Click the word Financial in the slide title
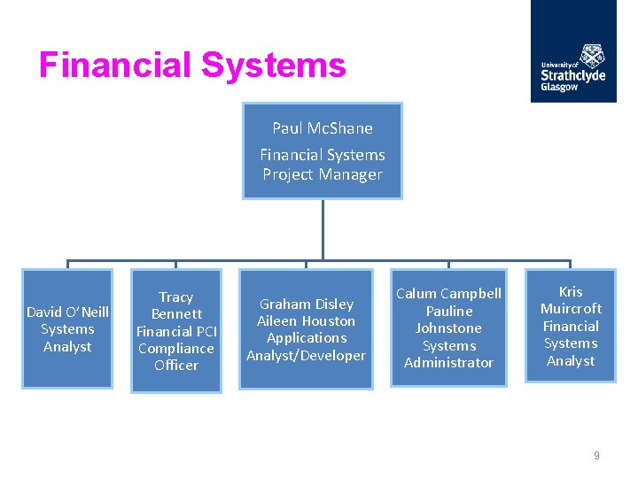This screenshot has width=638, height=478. tap(116, 66)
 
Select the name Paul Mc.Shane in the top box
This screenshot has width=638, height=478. tap(323, 128)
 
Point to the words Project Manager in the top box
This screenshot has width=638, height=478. tap(323, 174)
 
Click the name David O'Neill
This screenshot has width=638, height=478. tap(67, 312)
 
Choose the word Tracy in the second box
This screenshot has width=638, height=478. tap(175, 297)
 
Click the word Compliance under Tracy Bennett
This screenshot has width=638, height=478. tap(175, 348)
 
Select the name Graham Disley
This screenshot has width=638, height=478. tap(306, 304)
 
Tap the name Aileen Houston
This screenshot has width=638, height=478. tap(306, 320)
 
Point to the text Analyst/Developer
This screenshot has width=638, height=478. tap(306, 355)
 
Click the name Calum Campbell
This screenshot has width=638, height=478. tap(448, 294)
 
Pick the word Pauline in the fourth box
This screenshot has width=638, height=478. tap(448, 311)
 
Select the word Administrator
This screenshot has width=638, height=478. tap(448, 362)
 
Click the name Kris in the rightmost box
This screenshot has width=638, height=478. tap(571, 291)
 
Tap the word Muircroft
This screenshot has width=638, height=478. tap(571, 308)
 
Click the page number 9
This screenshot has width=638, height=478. tap(596, 456)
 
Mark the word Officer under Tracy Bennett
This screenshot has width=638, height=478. tap(175, 365)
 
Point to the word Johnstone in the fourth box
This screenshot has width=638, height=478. tap(448, 328)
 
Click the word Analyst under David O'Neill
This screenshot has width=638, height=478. tap(67, 346)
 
